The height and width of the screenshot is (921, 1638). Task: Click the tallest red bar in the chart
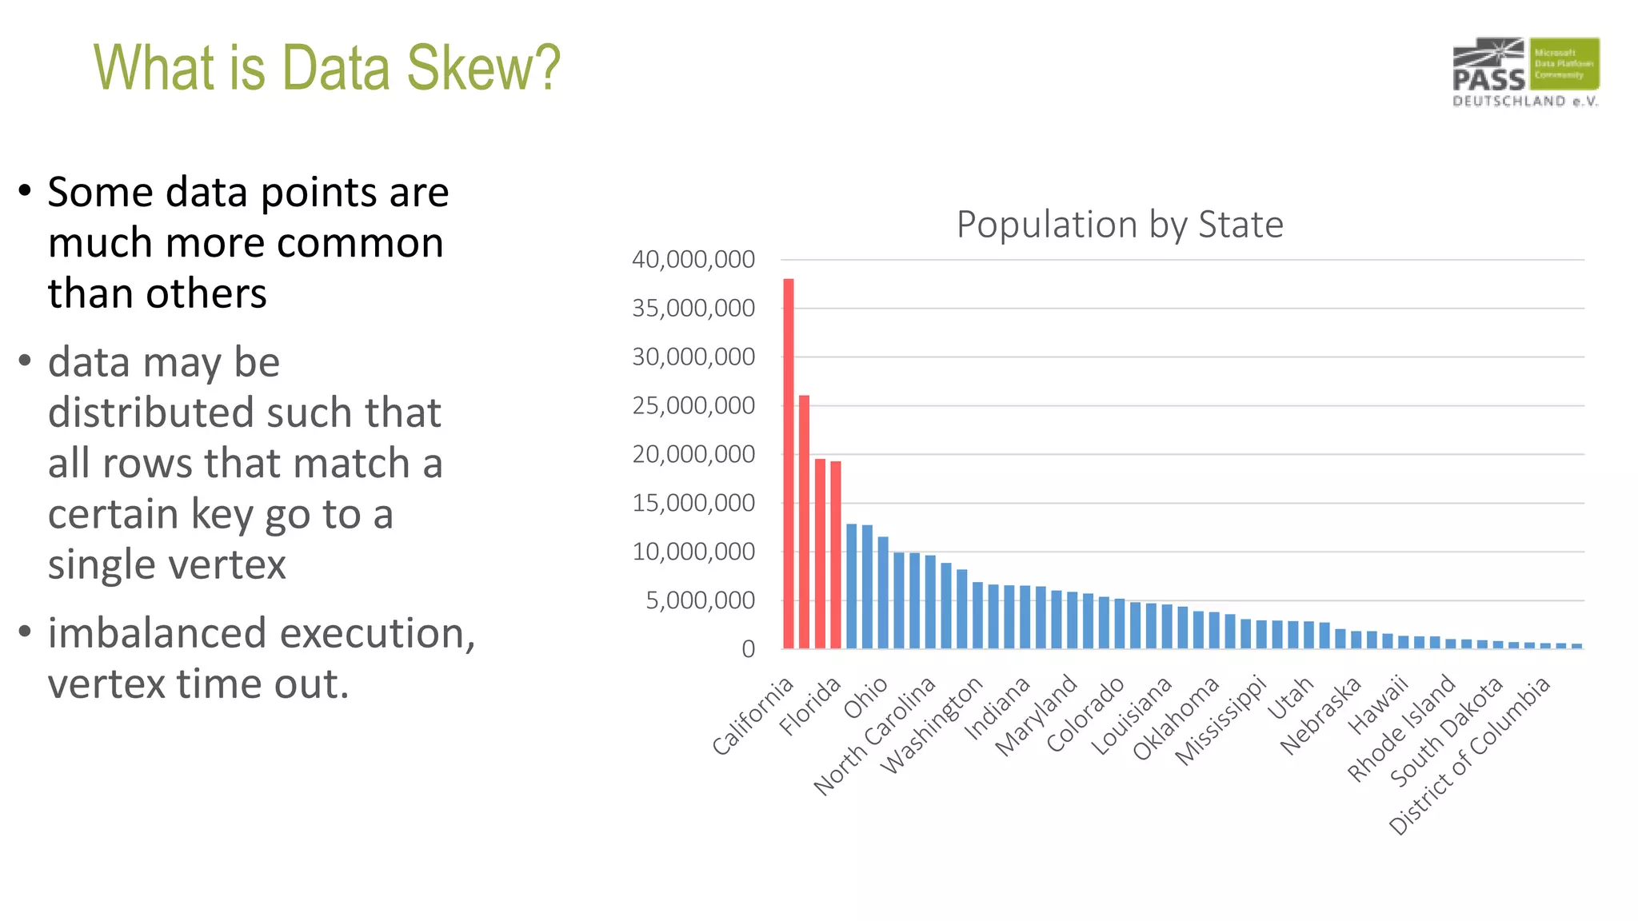(789, 464)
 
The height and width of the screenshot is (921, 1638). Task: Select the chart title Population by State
(1120, 225)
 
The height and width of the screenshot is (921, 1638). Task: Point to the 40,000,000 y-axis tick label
(693, 260)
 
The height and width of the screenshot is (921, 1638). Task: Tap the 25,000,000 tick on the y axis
(693, 406)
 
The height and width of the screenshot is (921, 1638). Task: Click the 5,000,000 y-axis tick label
(700, 600)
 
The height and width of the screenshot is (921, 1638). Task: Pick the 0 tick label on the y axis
(748, 649)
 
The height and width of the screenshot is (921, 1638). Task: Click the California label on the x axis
(753, 716)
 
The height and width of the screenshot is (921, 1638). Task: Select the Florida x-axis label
(811, 705)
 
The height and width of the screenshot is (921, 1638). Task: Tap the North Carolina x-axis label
(874, 736)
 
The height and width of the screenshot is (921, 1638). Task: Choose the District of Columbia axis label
(1470, 756)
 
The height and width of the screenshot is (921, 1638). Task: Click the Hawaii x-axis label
(1378, 704)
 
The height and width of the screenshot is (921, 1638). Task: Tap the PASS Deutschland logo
(1525, 72)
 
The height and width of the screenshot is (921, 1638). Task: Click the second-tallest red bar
(805, 521)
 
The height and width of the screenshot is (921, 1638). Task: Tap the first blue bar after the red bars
(852, 586)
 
